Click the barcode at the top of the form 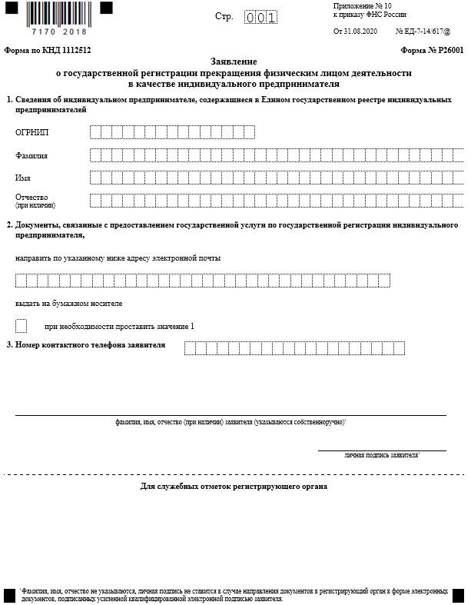[x=58, y=14]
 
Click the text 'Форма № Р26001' [x=432, y=48]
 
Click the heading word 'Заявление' [x=234, y=60]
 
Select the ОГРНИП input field [x=172, y=133]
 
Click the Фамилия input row [x=277, y=155]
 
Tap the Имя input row [x=277, y=178]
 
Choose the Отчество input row [x=277, y=201]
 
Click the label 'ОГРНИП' [x=32, y=133]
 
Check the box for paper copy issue [x=21, y=325]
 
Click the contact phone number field [x=294, y=348]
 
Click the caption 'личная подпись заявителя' [x=380, y=455]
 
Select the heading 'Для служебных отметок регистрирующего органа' [x=234, y=487]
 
